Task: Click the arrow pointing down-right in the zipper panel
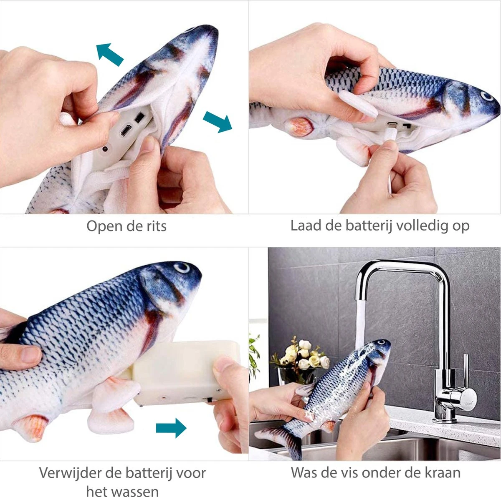[218, 121]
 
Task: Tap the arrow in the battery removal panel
[171, 427]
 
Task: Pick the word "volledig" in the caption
[422, 226]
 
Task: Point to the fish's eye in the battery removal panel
[182, 267]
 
